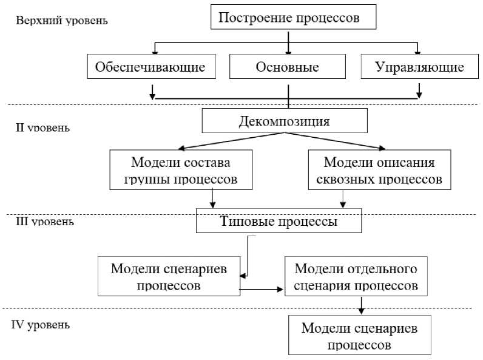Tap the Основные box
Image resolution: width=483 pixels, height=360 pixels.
click(x=288, y=67)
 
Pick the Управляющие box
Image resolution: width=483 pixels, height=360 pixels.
click(x=419, y=67)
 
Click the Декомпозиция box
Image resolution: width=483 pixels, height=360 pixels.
click(x=285, y=121)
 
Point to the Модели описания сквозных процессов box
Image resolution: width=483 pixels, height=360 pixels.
click(x=379, y=171)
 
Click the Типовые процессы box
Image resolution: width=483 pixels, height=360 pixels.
click(x=279, y=222)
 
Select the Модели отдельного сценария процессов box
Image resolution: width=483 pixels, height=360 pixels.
click(x=355, y=276)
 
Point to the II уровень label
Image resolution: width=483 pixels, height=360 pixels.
click(x=42, y=128)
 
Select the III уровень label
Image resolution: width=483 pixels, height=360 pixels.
click(x=45, y=222)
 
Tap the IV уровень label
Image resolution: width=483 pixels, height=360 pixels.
click(x=41, y=324)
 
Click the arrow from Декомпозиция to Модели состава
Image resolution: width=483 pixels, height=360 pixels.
click(x=231, y=141)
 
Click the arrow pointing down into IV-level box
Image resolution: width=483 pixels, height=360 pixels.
click(x=362, y=305)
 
